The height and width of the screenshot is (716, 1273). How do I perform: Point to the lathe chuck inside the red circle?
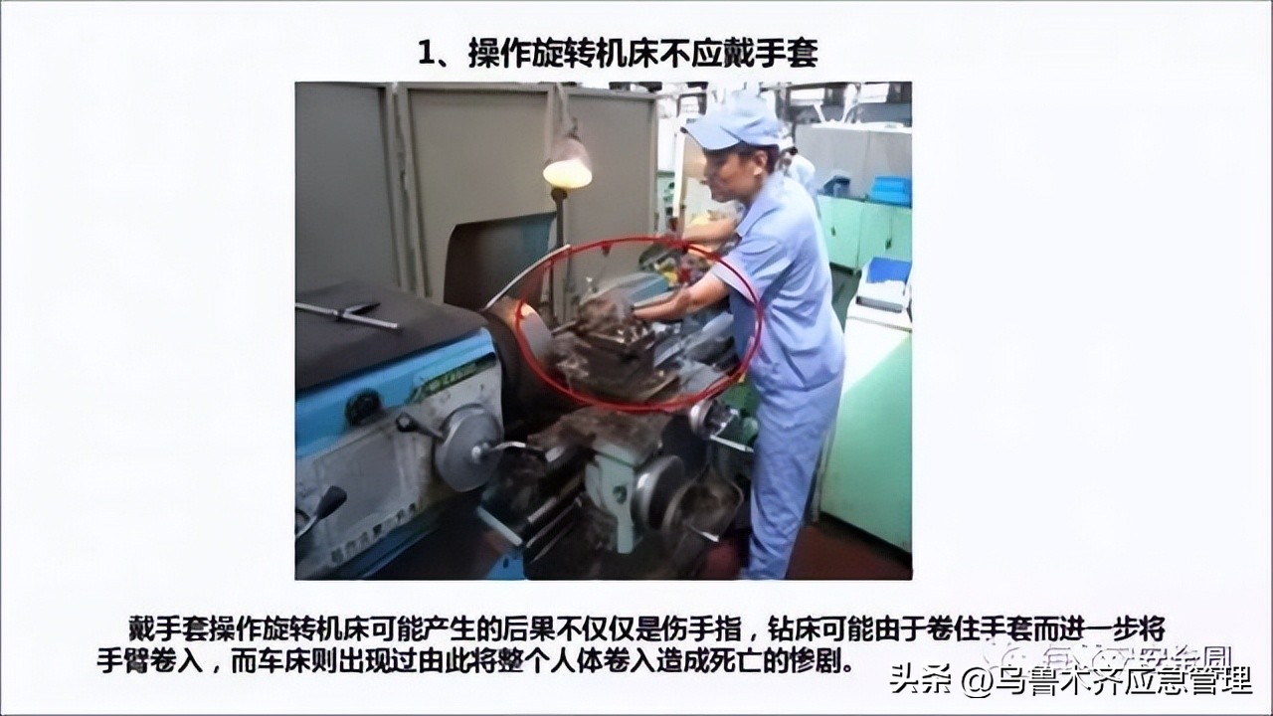click(524, 343)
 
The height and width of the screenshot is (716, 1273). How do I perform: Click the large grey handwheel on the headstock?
click(465, 447)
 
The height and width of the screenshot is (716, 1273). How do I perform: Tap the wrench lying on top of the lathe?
click(348, 315)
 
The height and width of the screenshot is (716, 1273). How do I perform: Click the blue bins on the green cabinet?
click(888, 190)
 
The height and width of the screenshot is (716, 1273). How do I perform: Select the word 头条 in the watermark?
click(913, 680)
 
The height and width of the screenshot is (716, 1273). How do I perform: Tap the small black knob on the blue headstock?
click(362, 406)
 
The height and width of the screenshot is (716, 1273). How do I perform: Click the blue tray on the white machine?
click(887, 270)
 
